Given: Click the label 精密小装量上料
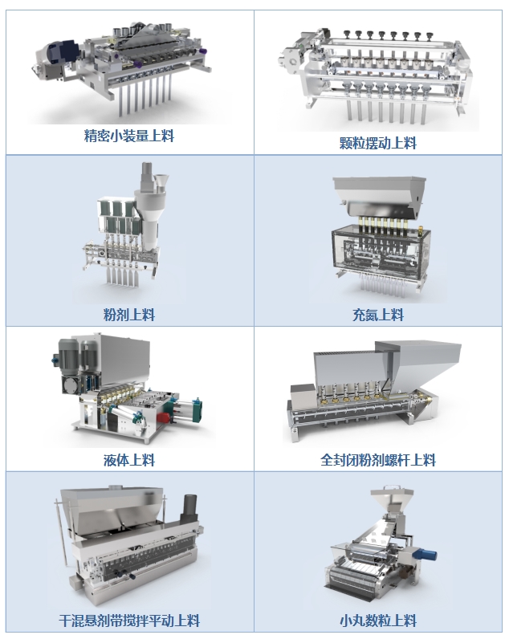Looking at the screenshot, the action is point(128,136).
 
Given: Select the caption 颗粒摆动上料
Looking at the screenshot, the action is point(378,143).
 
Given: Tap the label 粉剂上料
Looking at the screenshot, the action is point(128,315).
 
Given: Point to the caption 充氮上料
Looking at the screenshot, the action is point(378,315).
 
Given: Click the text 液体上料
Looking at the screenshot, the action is point(128,461).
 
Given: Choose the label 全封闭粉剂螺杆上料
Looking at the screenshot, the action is point(378,461).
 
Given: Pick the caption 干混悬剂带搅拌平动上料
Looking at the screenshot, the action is point(128,621).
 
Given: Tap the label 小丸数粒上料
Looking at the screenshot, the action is point(378,621).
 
